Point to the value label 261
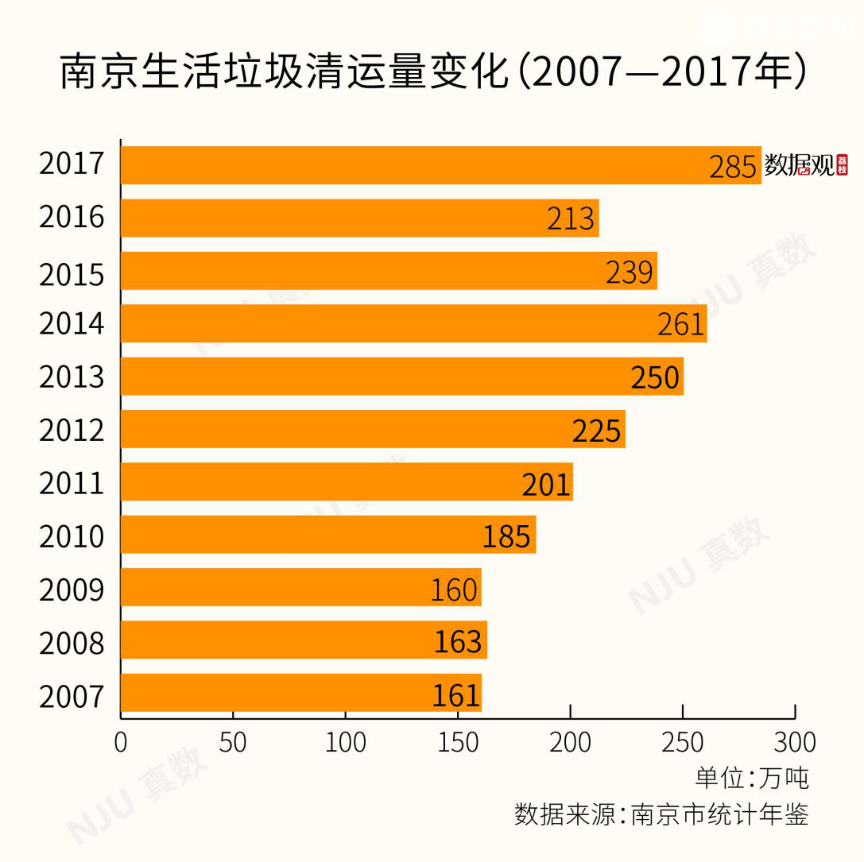tap(681, 324)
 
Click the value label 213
tap(571, 218)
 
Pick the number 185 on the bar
tap(506, 536)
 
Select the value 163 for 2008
tap(458, 641)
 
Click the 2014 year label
tap(72, 324)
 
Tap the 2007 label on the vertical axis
tap(72, 697)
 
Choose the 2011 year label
tap(72, 483)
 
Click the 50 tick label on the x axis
tap(232, 742)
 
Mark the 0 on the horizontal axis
tap(121, 742)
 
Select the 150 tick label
tap(457, 742)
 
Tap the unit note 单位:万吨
tap(751, 778)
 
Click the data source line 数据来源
tap(661, 814)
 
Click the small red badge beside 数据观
tap(843, 165)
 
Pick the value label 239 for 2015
tap(630, 272)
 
